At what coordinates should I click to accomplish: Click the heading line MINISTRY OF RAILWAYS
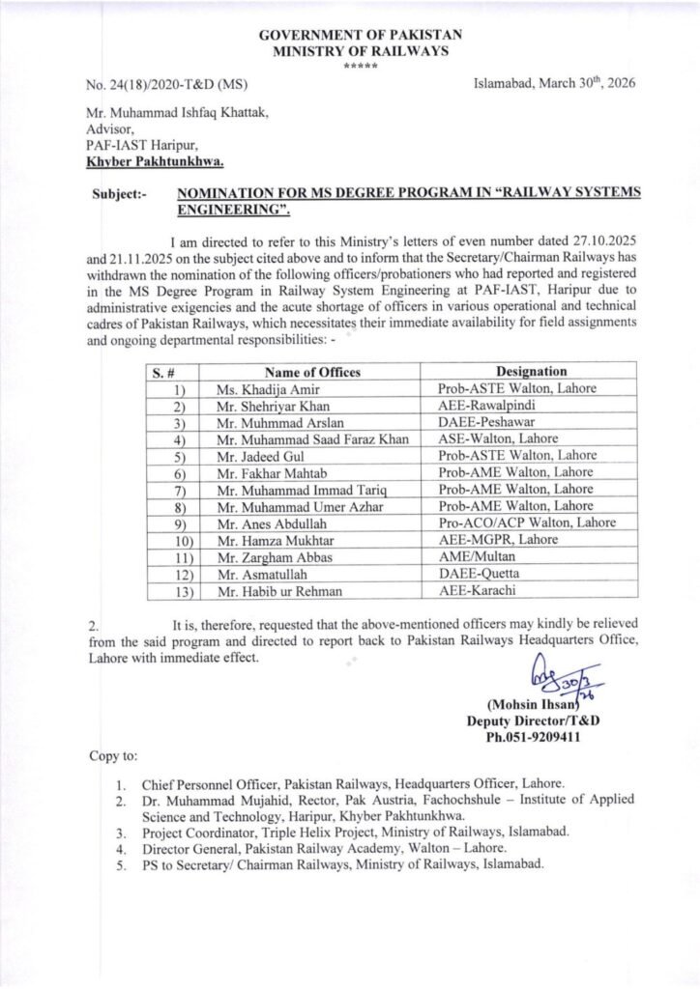click(349, 50)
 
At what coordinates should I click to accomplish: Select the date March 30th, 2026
click(554, 85)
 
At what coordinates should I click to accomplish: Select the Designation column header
click(531, 372)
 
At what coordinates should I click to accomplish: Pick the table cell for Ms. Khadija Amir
click(255, 389)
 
